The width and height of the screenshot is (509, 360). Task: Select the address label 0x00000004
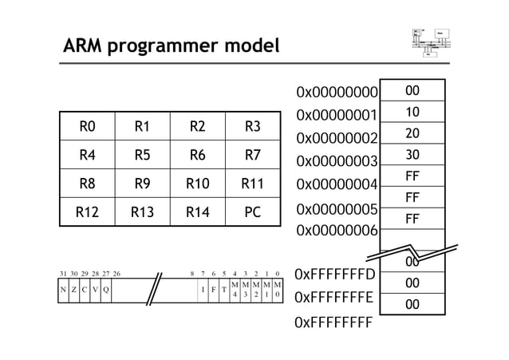tap(336, 185)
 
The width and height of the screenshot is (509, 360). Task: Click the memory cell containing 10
tap(412, 113)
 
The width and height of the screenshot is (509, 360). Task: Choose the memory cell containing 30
tap(412, 155)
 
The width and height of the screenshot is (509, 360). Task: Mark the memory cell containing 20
tap(412, 134)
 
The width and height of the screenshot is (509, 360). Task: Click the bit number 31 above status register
tap(63, 273)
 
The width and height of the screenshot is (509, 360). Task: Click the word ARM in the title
tap(85, 46)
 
